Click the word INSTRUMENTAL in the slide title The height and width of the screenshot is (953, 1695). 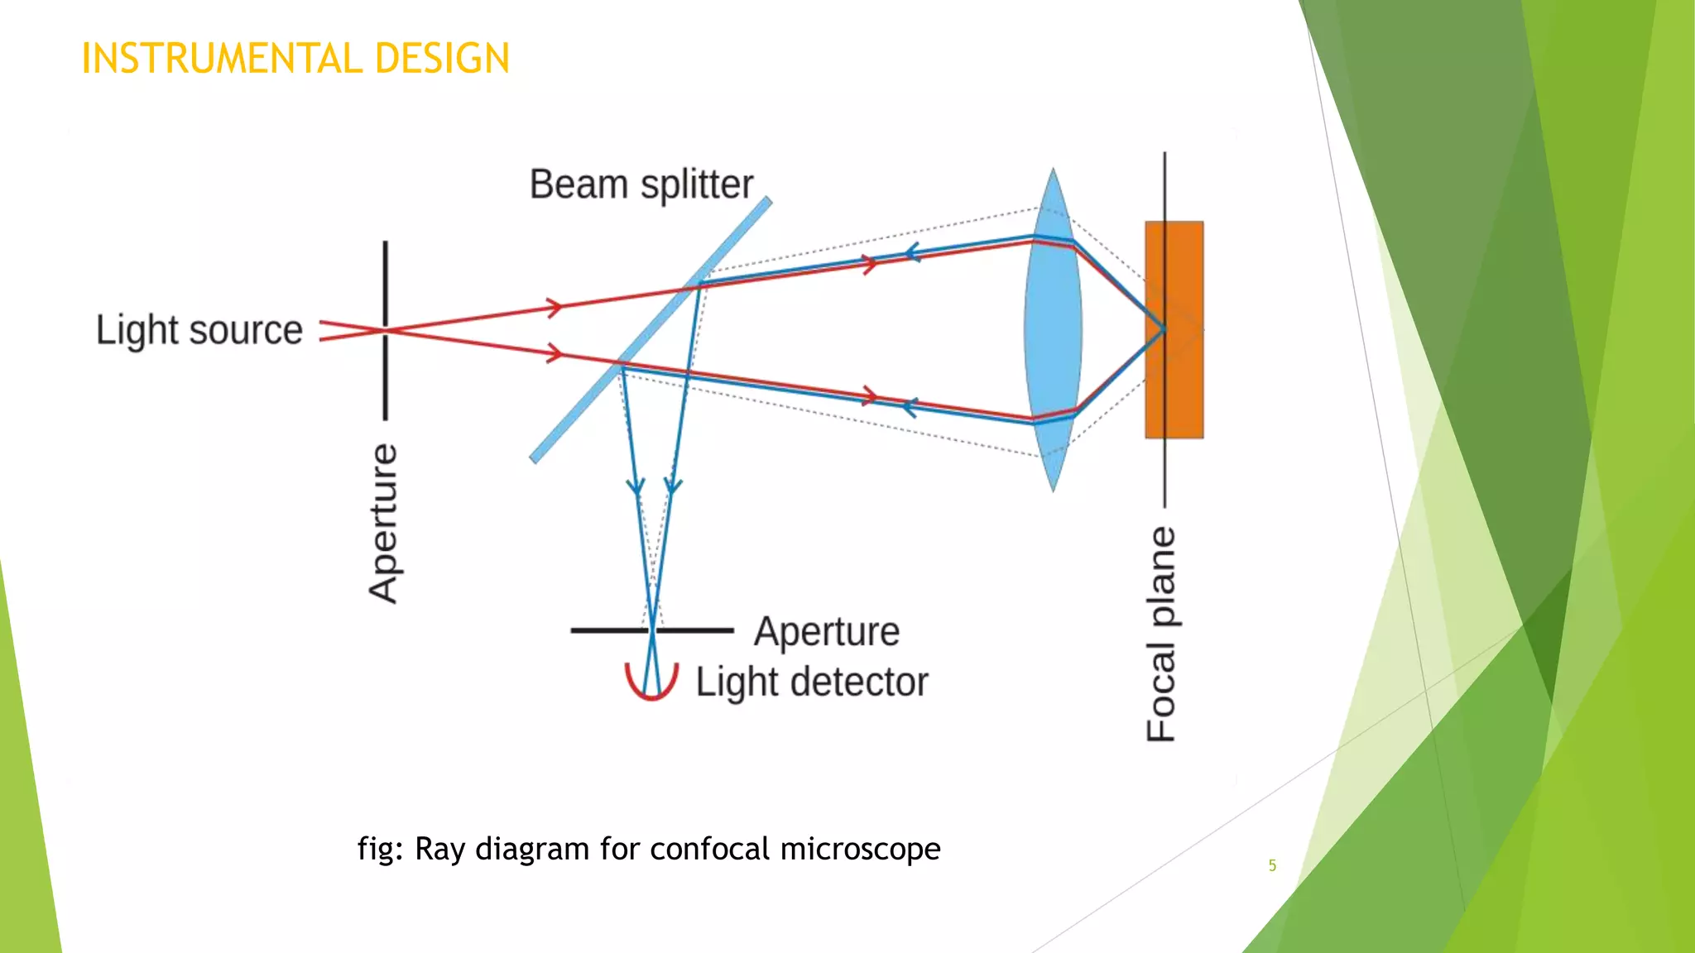tap(222, 59)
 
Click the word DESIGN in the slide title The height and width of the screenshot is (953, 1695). tap(442, 59)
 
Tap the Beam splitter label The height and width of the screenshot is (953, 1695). tap(641, 184)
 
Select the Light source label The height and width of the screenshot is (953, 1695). tap(199, 330)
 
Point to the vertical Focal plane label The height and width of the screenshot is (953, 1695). tap(1161, 634)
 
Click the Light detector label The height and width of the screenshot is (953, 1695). tap(811, 682)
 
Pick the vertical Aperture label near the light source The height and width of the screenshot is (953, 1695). tap(383, 523)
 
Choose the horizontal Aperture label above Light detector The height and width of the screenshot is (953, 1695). tap(826, 632)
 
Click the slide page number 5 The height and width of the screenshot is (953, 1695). tap(1272, 865)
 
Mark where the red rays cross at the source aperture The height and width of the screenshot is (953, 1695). tap(386, 330)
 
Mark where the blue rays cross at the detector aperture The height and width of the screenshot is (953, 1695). tap(652, 630)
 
